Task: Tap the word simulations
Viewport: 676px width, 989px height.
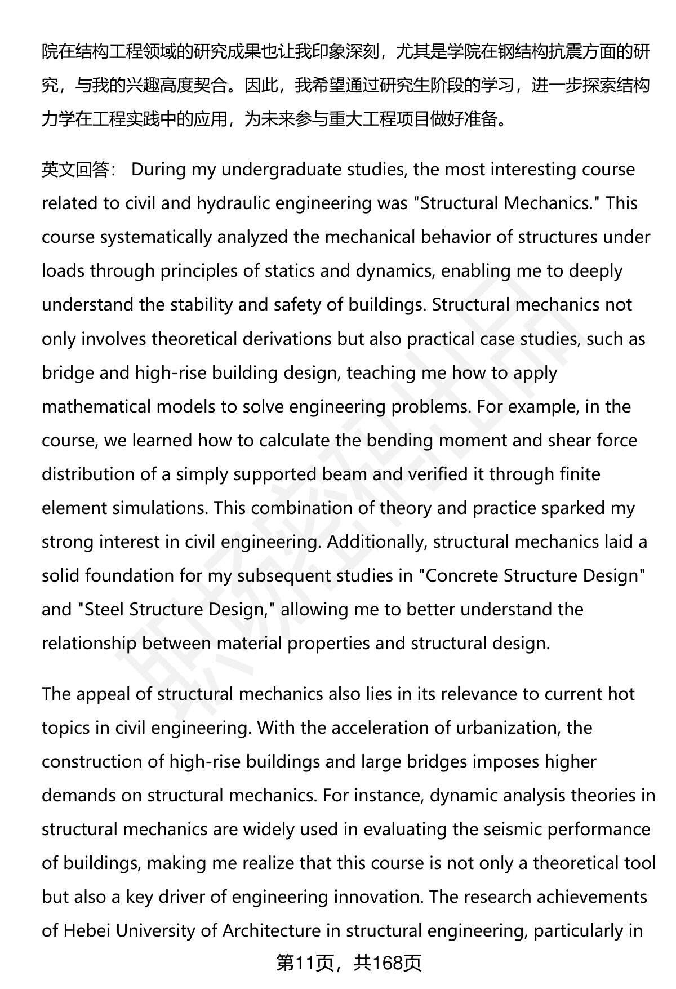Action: [160, 508]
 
